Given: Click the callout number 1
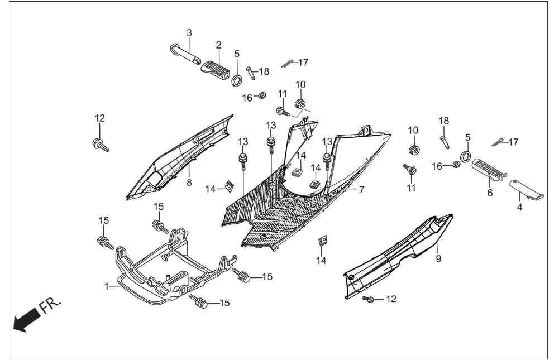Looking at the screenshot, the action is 107,286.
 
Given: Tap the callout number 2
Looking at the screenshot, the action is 218,45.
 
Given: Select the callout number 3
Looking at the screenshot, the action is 189,33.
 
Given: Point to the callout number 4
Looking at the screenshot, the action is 519,207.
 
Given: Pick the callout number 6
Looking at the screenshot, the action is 490,193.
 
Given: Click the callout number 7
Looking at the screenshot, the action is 361,190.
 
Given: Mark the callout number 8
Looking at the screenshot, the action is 189,183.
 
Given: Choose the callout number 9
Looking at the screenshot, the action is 438,258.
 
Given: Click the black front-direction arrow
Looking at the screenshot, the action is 26,319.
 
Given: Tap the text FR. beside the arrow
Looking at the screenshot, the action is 50,305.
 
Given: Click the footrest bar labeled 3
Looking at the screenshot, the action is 185,54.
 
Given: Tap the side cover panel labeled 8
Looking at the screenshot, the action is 180,157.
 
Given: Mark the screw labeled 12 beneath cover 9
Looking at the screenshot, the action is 369,299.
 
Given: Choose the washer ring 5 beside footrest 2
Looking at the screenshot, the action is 236,80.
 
